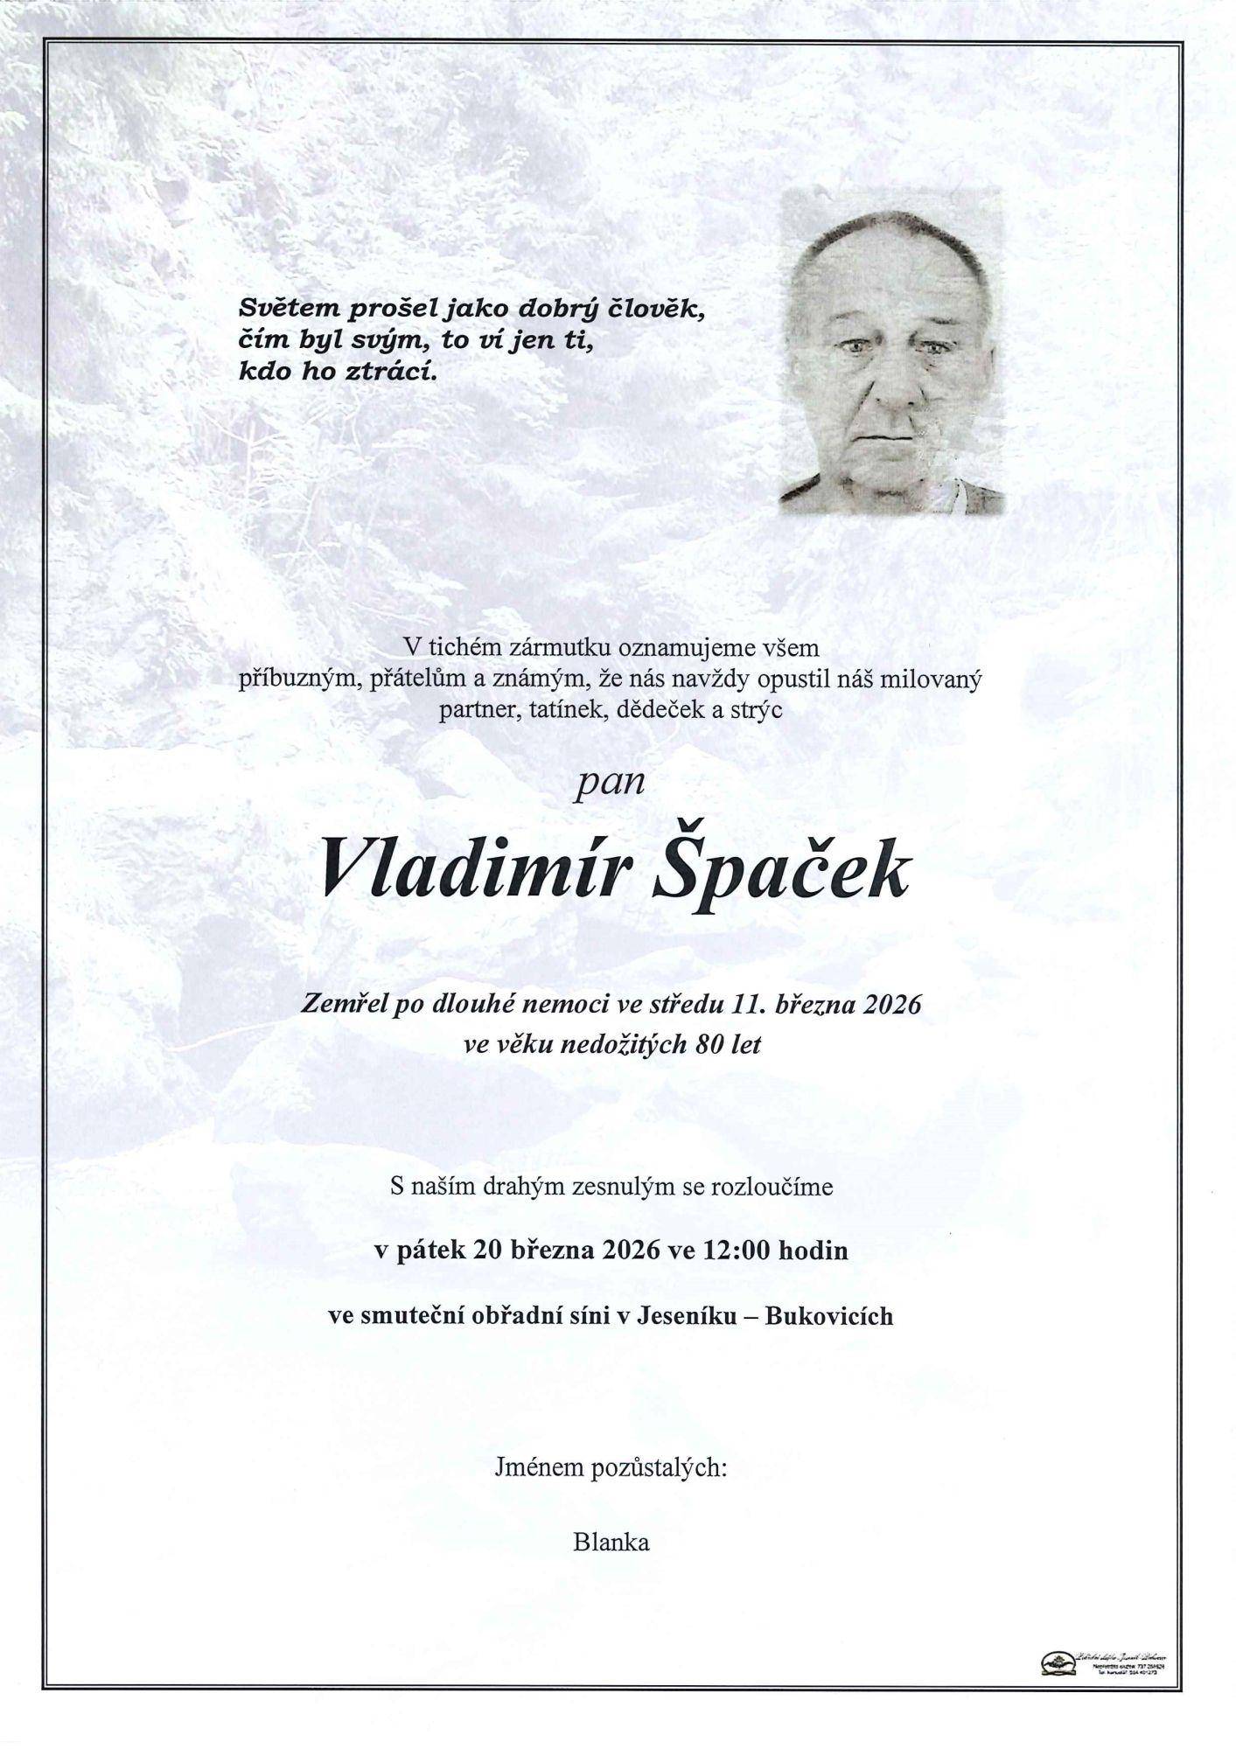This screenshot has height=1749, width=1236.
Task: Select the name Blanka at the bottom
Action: pos(611,1543)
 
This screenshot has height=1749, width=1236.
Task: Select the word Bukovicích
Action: pos(828,1316)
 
